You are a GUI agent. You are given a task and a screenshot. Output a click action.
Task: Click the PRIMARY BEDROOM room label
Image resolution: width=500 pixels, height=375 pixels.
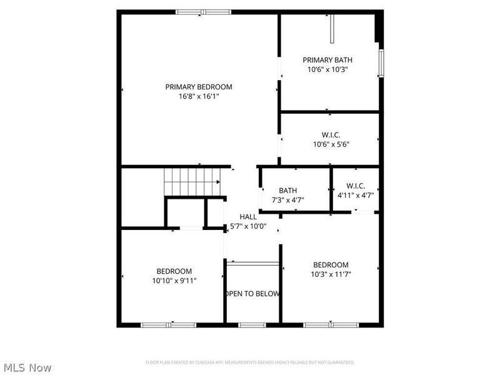pyautogui.click(x=199, y=87)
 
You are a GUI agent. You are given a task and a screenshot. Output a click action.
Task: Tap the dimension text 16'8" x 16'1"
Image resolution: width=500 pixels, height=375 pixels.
pyautogui.click(x=199, y=97)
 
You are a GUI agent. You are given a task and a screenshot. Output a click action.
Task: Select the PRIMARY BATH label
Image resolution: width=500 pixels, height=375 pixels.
pyautogui.click(x=327, y=60)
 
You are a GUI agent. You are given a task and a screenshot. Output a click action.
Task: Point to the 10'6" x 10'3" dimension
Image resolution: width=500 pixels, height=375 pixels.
pyautogui.click(x=327, y=70)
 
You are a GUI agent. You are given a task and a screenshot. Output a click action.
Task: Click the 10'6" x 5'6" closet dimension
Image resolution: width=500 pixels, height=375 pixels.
pyautogui.click(x=331, y=144)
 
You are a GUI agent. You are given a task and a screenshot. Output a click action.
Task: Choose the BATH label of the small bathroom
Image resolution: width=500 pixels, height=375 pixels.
pyautogui.click(x=288, y=191)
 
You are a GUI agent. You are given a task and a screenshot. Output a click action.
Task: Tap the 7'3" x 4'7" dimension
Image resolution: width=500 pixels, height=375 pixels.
pyautogui.click(x=288, y=201)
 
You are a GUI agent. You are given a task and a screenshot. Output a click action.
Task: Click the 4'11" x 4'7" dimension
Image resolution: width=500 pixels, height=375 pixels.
pyautogui.click(x=355, y=195)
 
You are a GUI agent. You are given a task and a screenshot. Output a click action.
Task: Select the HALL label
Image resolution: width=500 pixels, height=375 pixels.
pyautogui.click(x=248, y=217)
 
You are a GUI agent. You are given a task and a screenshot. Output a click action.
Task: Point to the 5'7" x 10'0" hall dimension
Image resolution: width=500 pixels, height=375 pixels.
pyautogui.click(x=248, y=226)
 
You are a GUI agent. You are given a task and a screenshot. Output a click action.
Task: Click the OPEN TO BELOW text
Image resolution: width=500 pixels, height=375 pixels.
pyautogui.click(x=252, y=294)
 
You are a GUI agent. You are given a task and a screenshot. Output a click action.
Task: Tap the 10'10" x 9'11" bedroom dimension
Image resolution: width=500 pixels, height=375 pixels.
pyautogui.click(x=174, y=281)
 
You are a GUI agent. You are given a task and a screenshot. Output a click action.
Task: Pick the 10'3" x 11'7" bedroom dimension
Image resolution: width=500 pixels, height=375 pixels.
pyautogui.click(x=331, y=274)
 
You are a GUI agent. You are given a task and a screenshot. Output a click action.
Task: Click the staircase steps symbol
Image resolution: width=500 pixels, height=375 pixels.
pyautogui.click(x=192, y=181)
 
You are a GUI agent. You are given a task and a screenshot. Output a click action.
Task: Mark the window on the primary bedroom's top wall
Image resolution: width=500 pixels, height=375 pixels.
pyautogui.click(x=203, y=11)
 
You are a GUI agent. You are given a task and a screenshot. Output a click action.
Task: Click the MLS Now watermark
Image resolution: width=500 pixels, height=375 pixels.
pyautogui.click(x=27, y=367)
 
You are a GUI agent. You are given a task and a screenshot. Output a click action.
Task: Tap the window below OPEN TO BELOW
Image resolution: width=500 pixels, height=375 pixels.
pyautogui.click(x=252, y=324)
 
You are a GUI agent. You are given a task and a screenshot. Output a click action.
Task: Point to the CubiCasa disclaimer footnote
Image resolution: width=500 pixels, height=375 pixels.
pyautogui.click(x=250, y=362)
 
